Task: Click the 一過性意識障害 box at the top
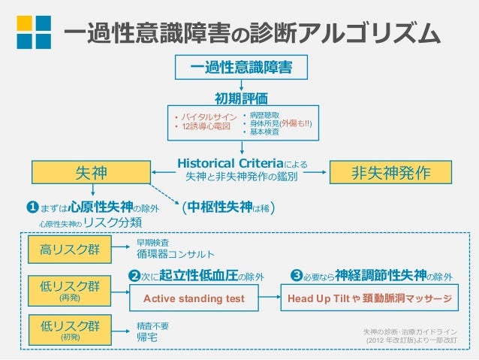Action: [x=240, y=68]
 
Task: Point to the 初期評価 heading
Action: [x=240, y=98]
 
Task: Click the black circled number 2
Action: [x=134, y=277]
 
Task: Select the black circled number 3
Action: [x=296, y=277]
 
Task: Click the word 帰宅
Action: [x=146, y=336]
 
